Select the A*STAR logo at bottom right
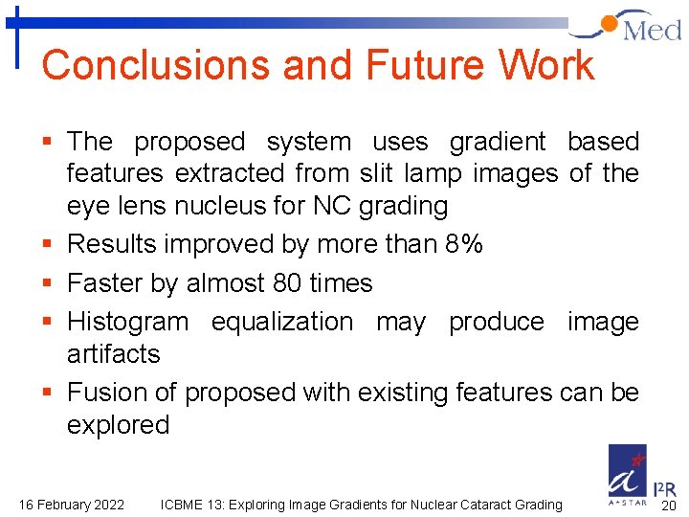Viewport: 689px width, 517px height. point(628,474)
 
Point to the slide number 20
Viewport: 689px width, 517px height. point(669,506)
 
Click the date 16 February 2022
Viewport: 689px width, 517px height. point(72,505)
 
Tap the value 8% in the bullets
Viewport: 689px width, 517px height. point(464,244)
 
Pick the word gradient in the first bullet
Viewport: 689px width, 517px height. point(498,142)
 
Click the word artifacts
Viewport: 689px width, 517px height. point(113,353)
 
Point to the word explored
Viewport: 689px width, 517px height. point(118,424)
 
